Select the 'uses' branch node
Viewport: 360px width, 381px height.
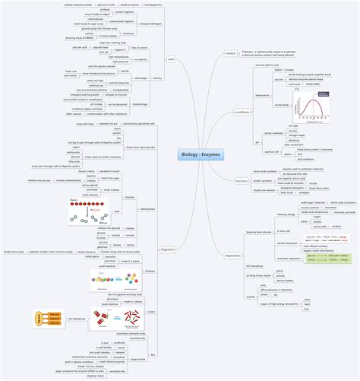click(171, 59)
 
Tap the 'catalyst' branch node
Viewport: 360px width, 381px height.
click(231, 53)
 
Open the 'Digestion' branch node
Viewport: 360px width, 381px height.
click(168, 249)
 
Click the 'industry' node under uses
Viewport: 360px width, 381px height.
click(157, 78)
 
